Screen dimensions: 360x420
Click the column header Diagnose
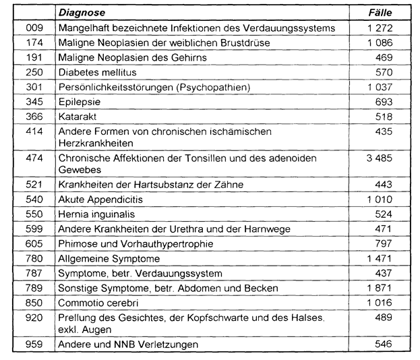(x=80, y=13)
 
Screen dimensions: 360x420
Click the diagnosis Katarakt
(x=78, y=116)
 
